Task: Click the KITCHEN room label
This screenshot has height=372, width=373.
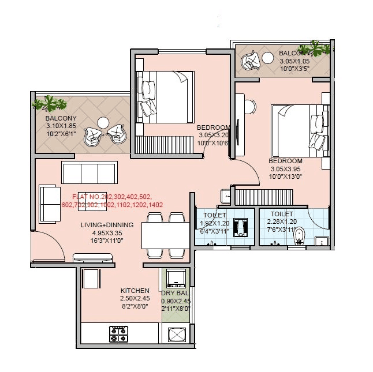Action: tap(135, 290)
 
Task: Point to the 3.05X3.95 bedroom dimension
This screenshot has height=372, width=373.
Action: tap(286, 169)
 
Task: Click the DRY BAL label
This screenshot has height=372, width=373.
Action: tap(175, 293)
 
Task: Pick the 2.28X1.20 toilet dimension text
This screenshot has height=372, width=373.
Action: tap(281, 221)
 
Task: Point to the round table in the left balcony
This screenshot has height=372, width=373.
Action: tap(103, 123)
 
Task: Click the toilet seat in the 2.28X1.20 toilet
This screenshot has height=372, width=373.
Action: tap(299, 236)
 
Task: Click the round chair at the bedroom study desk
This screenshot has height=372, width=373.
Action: tap(249, 107)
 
